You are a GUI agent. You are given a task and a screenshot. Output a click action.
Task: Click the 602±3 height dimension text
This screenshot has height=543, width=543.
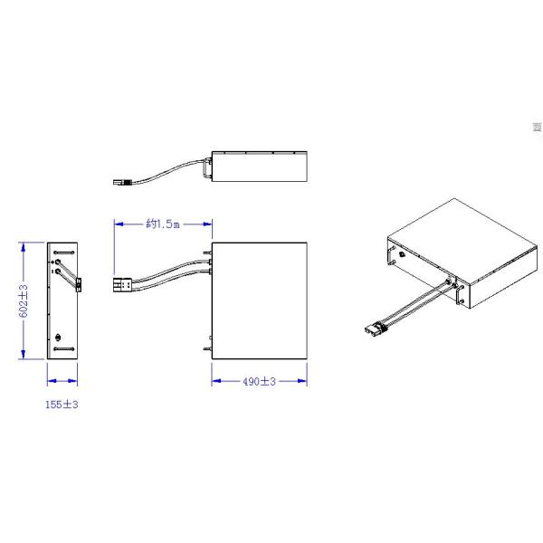pyautogui.click(x=24, y=301)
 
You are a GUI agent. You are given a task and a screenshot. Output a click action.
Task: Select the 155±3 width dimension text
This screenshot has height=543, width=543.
pyautogui.click(x=62, y=405)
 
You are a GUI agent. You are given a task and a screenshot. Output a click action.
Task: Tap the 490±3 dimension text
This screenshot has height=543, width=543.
pyautogui.click(x=259, y=381)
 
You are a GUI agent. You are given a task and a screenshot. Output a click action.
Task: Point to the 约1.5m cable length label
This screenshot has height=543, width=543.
pyautogui.click(x=163, y=224)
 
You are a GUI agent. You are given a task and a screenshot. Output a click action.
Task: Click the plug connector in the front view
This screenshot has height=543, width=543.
pyautogui.click(x=122, y=285)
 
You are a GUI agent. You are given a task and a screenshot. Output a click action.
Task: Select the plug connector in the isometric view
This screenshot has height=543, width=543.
pyautogui.click(x=375, y=328)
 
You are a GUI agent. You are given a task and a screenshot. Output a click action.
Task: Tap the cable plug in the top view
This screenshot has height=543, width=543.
pyautogui.click(x=122, y=182)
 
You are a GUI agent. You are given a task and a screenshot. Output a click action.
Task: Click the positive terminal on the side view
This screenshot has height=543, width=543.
pyautogui.click(x=58, y=262)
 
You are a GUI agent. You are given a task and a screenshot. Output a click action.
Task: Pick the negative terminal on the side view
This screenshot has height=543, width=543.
pyautogui.click(x=58, y=271)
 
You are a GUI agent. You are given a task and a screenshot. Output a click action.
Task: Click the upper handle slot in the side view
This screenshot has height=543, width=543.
pyautogui.click(x=64, y=252)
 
